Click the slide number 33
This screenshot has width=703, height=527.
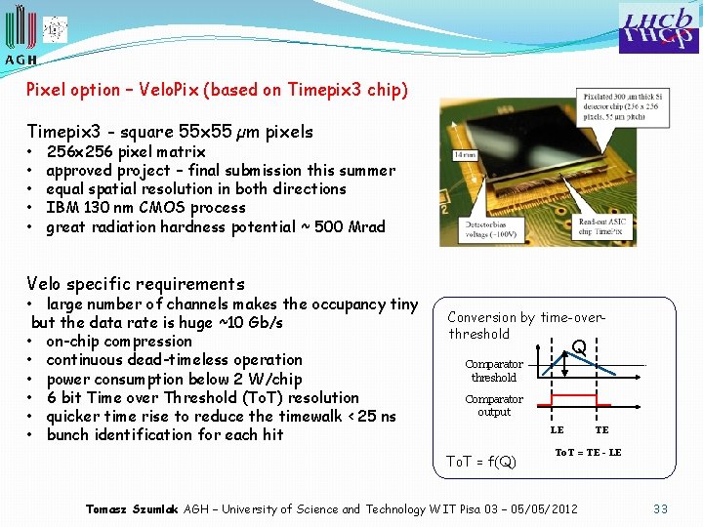pyautogui.click(x=661, y=508)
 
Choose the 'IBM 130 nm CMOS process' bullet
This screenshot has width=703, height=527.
pyautogui.click(x=145, y=208)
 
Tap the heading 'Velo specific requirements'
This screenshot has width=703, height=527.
pyautogui.click(x=136, y=284)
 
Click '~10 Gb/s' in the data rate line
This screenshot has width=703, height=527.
pyautogui.click(x=251, y=323)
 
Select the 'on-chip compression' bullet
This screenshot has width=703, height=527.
pyautogui.click(x=119, y=342)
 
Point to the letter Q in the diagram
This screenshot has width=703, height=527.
pyautogui.click(x=579, y=346)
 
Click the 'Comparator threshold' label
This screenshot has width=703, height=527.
pyautogui.click(x=493, y=371)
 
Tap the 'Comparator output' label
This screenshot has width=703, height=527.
pyautogui.click(x=493, y=405)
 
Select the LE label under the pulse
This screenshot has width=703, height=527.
pyautogui.click(x=557, y=429)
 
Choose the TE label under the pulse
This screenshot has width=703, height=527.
pyautogui.click(x=601, y=429)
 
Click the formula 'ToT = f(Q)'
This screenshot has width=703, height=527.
pyautogui.click(x=480, y=461)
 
